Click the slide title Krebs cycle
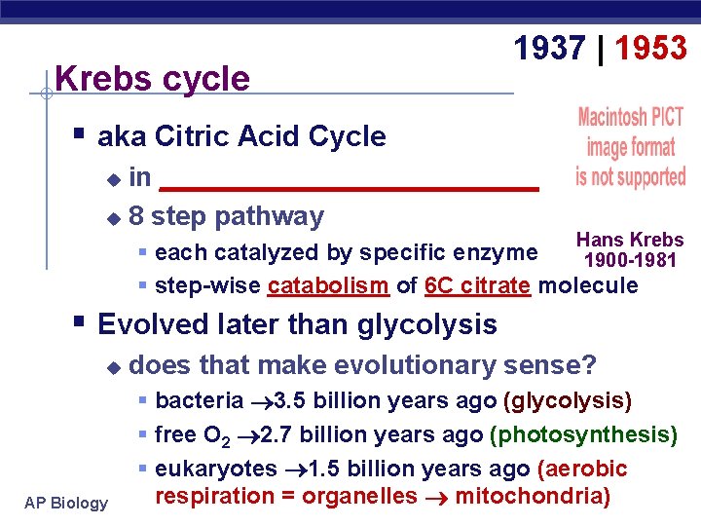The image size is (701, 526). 153,79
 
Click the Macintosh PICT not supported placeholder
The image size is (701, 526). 630,147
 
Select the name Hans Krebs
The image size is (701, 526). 630,240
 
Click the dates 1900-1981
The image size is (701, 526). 631,260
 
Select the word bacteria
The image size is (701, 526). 200,400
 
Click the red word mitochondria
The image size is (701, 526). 533,496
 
